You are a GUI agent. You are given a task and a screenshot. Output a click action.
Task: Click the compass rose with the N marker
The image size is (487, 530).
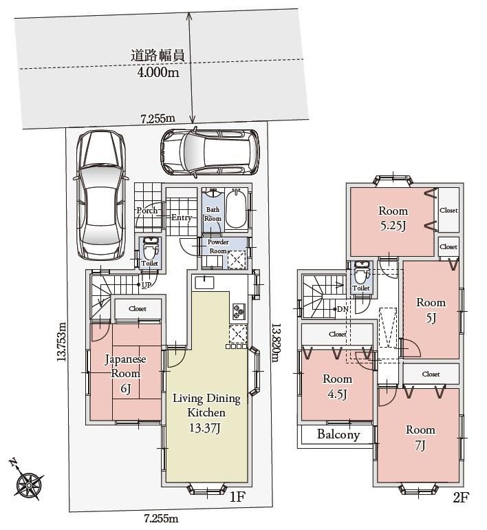(x=28, y=481)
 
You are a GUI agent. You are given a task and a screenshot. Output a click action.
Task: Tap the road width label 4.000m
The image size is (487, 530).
(x=158, y=72)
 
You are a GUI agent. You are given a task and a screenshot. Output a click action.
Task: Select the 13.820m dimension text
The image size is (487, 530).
(x=277, y=342)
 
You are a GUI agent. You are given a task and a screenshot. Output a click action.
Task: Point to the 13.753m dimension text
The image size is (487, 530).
(x=62, y=341)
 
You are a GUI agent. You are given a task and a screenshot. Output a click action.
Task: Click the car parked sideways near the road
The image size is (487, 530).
(x=209, y=152)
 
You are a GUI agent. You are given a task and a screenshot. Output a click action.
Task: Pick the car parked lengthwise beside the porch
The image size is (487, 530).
(x=101, y=195)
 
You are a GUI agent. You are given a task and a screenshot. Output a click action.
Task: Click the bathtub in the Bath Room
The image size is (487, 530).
(x=236, y=209)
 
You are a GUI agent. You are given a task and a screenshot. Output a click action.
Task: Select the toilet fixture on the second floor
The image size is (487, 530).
(x=360, y=273)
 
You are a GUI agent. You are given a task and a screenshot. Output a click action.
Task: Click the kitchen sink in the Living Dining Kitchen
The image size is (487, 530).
(x=204, y=282)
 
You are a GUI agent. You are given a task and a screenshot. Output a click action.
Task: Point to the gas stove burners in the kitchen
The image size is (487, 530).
(x=239, y=311)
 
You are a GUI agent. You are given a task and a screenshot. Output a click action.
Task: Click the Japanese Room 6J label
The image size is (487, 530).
(x=125, y=374)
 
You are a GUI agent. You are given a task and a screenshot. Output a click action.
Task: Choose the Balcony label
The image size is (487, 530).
(x=338, y=434)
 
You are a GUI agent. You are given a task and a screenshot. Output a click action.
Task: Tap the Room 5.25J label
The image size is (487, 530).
(x=393, y=218)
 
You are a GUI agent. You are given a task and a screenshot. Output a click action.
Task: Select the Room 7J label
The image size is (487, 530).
(x=420, y=438)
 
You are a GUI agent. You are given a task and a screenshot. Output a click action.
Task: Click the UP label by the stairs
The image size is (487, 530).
(x=147, y=285)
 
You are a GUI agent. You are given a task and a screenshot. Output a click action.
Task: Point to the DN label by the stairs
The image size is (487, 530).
(x=343, y=309)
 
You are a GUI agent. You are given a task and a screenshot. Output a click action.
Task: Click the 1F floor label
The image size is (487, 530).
(x=237, y=496)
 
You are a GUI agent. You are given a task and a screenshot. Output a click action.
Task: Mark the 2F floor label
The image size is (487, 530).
(x=462, y=498)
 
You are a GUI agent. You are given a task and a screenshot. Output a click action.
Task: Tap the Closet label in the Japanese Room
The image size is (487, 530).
(x=138, y=308)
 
